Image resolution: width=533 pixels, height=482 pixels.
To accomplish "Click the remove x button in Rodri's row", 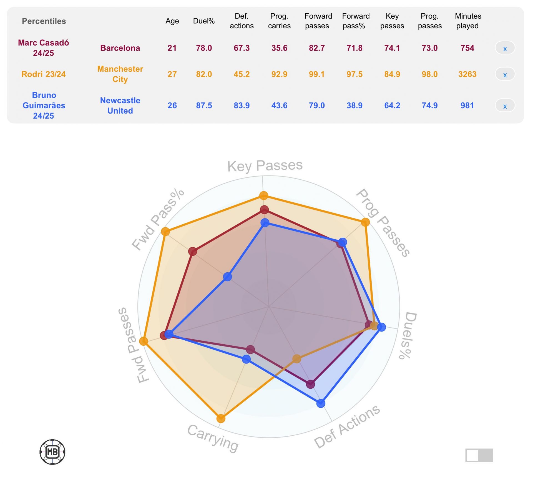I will tap(505, 74).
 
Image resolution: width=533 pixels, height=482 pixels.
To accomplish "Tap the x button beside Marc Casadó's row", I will tap(505, 48).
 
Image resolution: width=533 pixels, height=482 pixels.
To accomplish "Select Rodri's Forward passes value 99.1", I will tap(317, 74).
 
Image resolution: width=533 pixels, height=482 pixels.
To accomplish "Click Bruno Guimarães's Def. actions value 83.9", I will tap(242, 106).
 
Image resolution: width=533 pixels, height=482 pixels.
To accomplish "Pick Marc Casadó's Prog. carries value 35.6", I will tap(279, 48).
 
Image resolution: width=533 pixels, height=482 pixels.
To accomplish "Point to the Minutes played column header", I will tap(468, 21).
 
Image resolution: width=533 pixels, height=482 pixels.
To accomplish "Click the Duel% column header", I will tap(204, 21).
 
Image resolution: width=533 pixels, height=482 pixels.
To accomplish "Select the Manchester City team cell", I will tap(120, 74).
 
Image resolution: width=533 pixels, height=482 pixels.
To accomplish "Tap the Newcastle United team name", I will tap(120, 106).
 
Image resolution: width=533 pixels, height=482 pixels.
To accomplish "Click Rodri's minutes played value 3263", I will tap(467, 74).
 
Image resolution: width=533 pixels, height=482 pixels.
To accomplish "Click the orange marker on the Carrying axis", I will tap(221, 418).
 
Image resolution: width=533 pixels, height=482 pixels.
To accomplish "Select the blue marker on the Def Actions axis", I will tap(321, 403).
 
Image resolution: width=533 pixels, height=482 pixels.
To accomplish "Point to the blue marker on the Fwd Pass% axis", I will tap(227, 277).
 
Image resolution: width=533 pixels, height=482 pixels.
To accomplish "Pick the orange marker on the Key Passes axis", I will tap(263, 195).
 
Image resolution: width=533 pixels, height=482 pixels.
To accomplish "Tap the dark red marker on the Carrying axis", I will tap(250, 349).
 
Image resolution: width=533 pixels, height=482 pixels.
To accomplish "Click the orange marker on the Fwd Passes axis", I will tap(144, 341).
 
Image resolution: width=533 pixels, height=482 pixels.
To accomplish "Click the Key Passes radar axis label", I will tap(265, 166).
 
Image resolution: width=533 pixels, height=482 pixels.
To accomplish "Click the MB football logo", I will tap(52, 452).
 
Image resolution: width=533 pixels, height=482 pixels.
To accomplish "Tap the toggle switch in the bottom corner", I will tap(479, 455).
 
